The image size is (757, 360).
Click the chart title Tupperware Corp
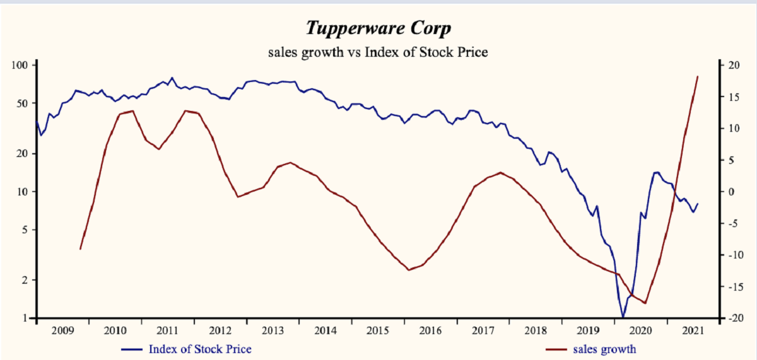point(378,28)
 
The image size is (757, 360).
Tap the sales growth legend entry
point(604,349)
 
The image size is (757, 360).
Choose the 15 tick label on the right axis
point(733,97)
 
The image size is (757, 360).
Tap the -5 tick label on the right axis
point(733,223)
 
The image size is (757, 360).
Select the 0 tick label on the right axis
point(731,192)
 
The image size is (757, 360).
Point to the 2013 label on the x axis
point(273,330)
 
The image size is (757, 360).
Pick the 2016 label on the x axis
point(430,330)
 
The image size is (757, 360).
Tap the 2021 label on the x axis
point(693,330)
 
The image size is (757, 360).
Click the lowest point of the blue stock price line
point(623,317)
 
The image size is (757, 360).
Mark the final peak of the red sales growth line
point(697,76)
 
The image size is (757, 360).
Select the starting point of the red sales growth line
point(81,249)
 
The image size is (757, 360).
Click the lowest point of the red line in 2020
point(645,303)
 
